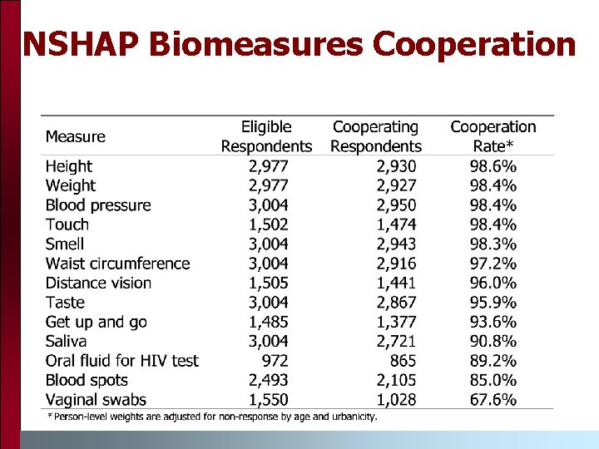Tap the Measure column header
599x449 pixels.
pos(76,137)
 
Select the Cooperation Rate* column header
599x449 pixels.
pos(493,136)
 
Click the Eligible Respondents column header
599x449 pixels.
pos(266,136)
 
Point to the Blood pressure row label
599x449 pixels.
pos(98,205)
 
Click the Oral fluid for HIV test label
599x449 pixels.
pos(122,361)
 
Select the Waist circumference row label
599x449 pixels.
pos(118,264)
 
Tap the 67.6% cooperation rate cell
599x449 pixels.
pos(493,400)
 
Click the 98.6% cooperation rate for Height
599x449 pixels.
pos(493,166)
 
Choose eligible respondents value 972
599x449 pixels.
pos(275,361)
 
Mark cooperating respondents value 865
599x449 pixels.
pos(402,361)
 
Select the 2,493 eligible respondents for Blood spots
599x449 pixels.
pos(268,380)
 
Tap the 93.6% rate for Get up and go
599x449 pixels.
pos(493,322)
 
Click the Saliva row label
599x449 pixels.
pos(65,342)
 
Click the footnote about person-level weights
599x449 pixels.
pos(212,417)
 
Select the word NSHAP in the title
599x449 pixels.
pos(82,44)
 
